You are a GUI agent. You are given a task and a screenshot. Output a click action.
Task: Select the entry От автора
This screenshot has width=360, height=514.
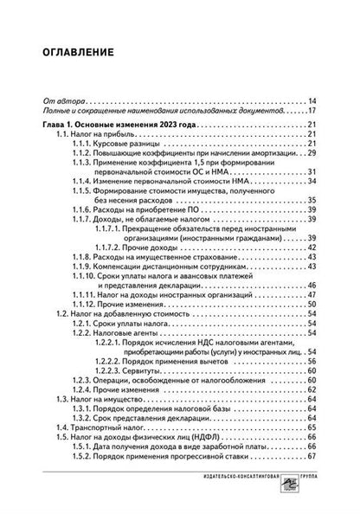pos(61,100)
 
